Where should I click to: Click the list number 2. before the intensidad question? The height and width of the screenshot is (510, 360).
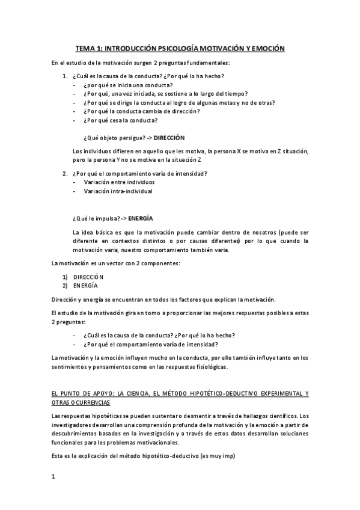click(65, 174)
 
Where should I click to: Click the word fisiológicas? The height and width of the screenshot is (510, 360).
click(215, 367)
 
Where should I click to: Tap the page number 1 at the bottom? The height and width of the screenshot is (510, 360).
click(53, 478)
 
